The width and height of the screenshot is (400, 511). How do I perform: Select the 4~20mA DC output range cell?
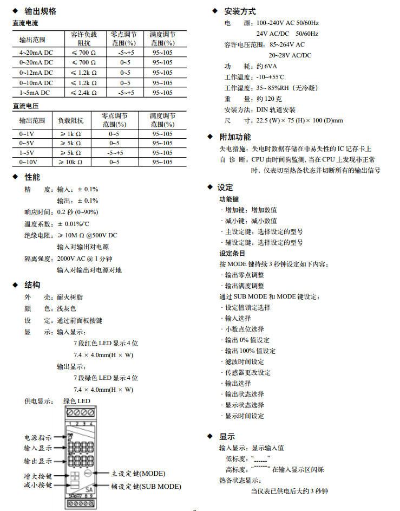36,52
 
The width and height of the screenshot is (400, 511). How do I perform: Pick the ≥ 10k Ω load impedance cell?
71,161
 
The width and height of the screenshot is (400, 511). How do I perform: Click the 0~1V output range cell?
27,133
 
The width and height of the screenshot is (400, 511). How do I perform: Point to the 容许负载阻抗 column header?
83,38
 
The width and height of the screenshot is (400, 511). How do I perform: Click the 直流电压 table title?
25,106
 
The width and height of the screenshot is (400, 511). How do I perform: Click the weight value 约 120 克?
269,99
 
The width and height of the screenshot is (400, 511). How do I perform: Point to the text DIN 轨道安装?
276,109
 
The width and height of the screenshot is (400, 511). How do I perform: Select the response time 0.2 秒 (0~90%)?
77,212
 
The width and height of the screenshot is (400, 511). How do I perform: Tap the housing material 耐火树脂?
70,297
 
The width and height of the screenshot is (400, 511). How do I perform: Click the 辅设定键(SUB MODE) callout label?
146,487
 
